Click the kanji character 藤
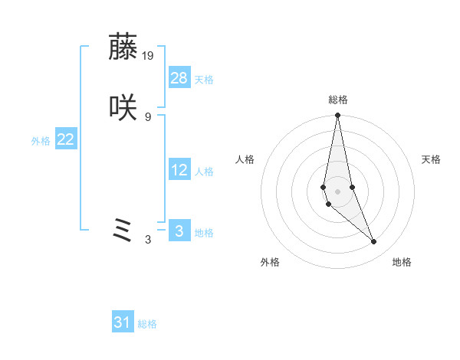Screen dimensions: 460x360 123,47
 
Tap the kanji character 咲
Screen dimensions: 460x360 123,108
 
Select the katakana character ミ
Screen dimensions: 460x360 123,231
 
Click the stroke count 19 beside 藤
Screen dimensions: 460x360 148,55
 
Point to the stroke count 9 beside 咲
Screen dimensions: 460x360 148,116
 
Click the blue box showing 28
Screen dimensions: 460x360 179,78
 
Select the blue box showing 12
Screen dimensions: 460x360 179,170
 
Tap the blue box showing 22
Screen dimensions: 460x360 66,139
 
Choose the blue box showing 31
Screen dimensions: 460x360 123,322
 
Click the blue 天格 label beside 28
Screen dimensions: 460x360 204,80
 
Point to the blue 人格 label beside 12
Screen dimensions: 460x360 204,172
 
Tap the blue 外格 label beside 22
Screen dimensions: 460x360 41,141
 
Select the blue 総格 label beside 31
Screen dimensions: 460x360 147,324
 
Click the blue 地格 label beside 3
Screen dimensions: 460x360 204,233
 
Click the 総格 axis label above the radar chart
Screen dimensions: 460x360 337,100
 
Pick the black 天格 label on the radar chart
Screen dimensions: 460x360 431,159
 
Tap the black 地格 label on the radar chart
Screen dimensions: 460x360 402,262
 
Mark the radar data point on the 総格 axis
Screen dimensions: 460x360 337,116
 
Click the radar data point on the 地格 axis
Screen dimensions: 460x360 374,242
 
